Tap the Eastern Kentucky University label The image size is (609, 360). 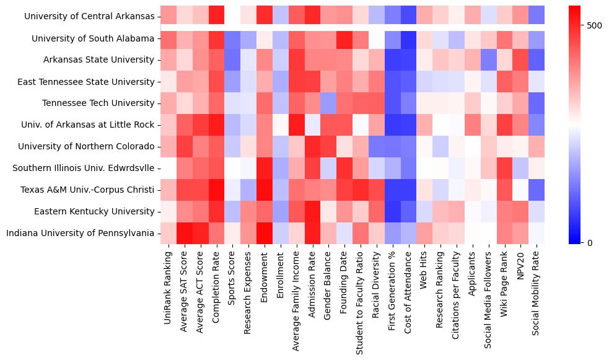(x=94, y=211)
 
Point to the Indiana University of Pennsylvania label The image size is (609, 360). (x=80, y=233)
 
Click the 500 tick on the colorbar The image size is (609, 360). (x=594, y=25)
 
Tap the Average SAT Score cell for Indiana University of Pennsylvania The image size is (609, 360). (x=184, y=233)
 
